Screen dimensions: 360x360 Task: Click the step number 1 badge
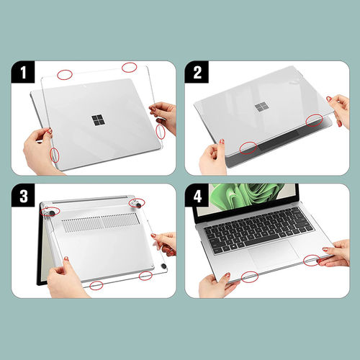pos(23,72)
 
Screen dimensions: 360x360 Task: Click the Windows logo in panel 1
pos(96,119)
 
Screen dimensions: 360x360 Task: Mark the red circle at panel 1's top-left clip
pos(65,74)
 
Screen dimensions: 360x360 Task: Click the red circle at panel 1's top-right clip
pos(130,68)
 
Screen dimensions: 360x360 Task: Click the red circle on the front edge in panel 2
pos(248,148)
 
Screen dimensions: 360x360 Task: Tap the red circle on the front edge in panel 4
pos(250,275)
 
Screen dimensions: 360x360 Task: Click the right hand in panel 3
pos(166,242)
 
